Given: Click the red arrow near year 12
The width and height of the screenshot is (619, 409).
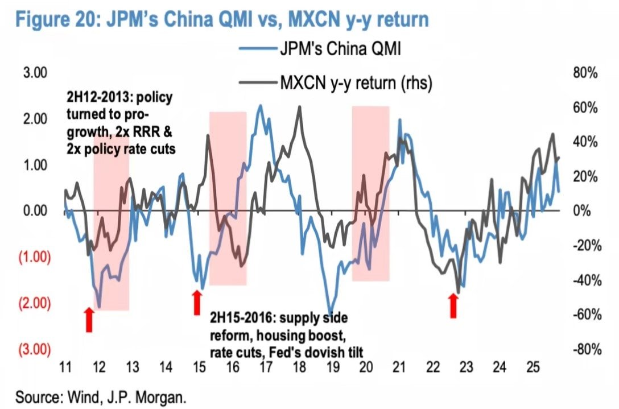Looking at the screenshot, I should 89,320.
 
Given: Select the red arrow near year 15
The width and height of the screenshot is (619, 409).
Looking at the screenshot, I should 196,302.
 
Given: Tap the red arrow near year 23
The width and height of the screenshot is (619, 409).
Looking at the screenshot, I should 453,307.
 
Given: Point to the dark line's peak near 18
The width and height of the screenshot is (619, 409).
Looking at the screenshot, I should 299,108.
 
